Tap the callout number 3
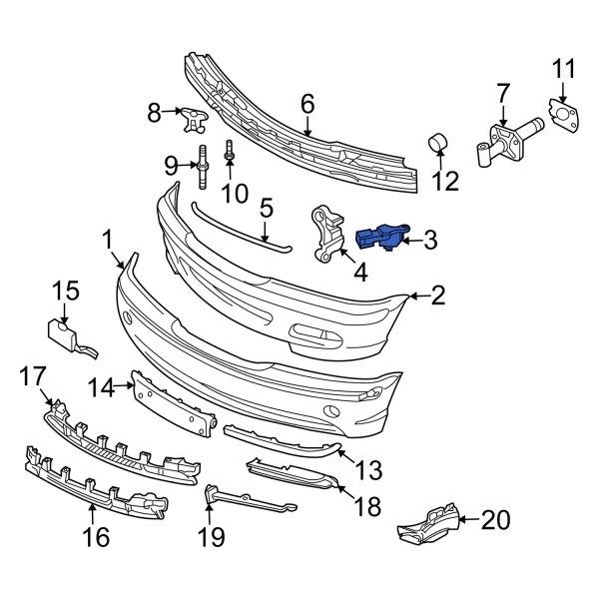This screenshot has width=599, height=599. click(x=429, y=239)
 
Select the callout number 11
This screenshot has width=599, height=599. click(x=564, y=69)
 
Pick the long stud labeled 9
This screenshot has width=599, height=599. click(x=201, y=167)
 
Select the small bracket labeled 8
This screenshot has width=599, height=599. click(x=193, y=119)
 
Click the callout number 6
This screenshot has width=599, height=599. click(x=306, y=102)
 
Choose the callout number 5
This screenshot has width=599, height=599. click(x=266, y=208)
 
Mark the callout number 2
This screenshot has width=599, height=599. click(x=438, y=295)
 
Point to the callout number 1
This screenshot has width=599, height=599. click(x=107, y=240)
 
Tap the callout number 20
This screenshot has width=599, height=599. click(x=495, y=519)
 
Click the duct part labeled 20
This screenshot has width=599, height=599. click(x=429, y=524)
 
